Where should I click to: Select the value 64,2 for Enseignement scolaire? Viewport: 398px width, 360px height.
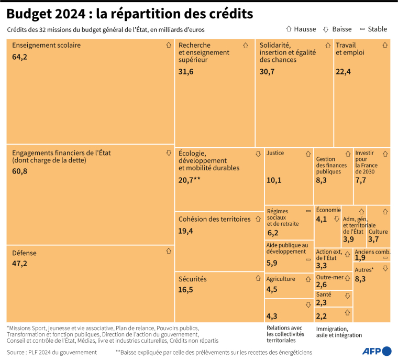pyautogui.click(x=19, y=57)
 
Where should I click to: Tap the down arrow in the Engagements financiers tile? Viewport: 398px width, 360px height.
pyautogui.click(x=169, y=153)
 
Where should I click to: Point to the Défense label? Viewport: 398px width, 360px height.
pyautogui.click(x=24, y=253)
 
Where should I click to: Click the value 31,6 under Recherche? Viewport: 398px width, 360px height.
pyautogui.click(x=186, y=71)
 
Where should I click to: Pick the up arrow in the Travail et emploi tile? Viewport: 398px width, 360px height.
pyautogui.click(x=385, y=46)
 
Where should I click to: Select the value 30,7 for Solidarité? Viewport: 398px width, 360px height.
pyautogui.click(x=267, y=71)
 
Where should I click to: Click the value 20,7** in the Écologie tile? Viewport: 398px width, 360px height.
pyautogui.click(x=190, y=180)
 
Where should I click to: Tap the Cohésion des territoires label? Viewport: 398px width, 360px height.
pyautogui.click(x=214, y=219)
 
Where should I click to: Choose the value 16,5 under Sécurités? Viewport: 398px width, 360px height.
pyautogui.click(x=186, y=289)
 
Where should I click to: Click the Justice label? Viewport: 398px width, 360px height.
pyautogui.click(x=275, y=153)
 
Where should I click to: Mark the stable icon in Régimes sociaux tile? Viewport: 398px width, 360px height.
pyautogui.click(x=308, y=211)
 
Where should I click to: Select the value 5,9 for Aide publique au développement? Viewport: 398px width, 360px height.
pyautogui.click(x=272, y=263)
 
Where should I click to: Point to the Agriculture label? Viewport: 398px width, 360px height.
pyautogui.click(x=281, y=279)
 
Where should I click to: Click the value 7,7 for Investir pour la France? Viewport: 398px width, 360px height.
pyautogui.click(x=360, y=180)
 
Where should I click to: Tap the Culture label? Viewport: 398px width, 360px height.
pyautogui.click(x=378, y=231)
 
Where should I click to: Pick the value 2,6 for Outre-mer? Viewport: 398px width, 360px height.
pyautogui.click(x=322, y=285)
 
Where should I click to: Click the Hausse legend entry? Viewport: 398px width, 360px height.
pyautogui.click(x=301, y=29)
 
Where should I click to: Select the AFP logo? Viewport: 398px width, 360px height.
pyautogui.click(x=377, y=351)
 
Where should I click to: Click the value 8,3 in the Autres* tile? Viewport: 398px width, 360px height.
pyautogui.click(x=360, y=279)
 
